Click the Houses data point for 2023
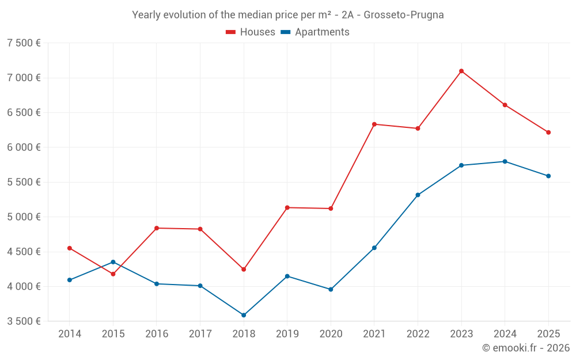click(x=461, y=71)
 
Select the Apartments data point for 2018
click(x=244, y=315)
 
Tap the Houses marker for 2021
click(x=374, y=124)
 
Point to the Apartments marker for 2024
click(x=505, y=161)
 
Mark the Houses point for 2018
click(x=244, y=269)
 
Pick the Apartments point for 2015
click(x=113, y=262)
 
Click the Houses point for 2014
click(x=70, y=248)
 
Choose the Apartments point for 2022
click(x=418, y=195)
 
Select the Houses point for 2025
click(x=548, y=132)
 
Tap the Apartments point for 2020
click(x=331, y=289)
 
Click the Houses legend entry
click(x=251, y=32)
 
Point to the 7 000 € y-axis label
click(x=24, y=78)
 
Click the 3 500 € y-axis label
click(x=24, y=321)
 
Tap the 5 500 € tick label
click(x=24, y=182)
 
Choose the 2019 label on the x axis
click(x=287, y=334)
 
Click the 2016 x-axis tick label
click(x=157, y=334)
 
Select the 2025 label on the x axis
click(x=548, y=334)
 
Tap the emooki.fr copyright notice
click(x=526, y=348)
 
